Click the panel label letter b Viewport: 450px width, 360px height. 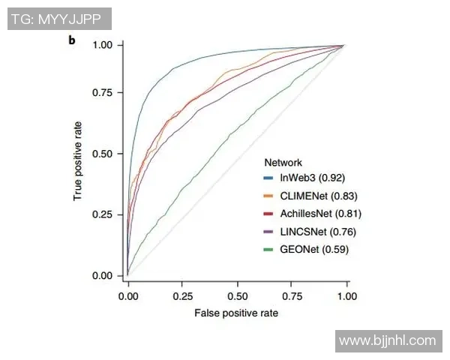pyautogui.click(x=72, y=38)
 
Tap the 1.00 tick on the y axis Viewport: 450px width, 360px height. pyautogui.click(x=103, y=45)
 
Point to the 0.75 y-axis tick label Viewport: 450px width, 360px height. pyautogui.click(x=103, y=92)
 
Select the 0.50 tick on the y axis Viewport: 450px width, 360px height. pyautogui.click(x=103, y=154)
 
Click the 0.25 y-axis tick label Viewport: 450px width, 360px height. pyautogui.click(x=103, y=214)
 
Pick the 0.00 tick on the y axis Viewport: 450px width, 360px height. pyautogui.click(x=103, y=276)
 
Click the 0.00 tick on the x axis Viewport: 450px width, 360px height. pyautogui.click(x=128, y=295)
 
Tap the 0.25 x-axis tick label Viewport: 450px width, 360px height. pyautogui.click(x=183, y=295)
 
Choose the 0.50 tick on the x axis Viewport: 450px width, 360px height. pyautogui.click(x=238, y=295)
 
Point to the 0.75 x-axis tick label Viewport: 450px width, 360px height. pyautogui.click(x=292, y=295)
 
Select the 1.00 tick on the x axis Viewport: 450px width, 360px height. pyautogui.click(x=346, y=295)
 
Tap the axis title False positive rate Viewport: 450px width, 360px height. pyautogui.click(x=236, y=313)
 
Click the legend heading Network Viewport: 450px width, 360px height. pyautogui.click(x=283, y=162)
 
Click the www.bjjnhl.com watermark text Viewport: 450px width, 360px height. pyautogui.click(x=387, y=340)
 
